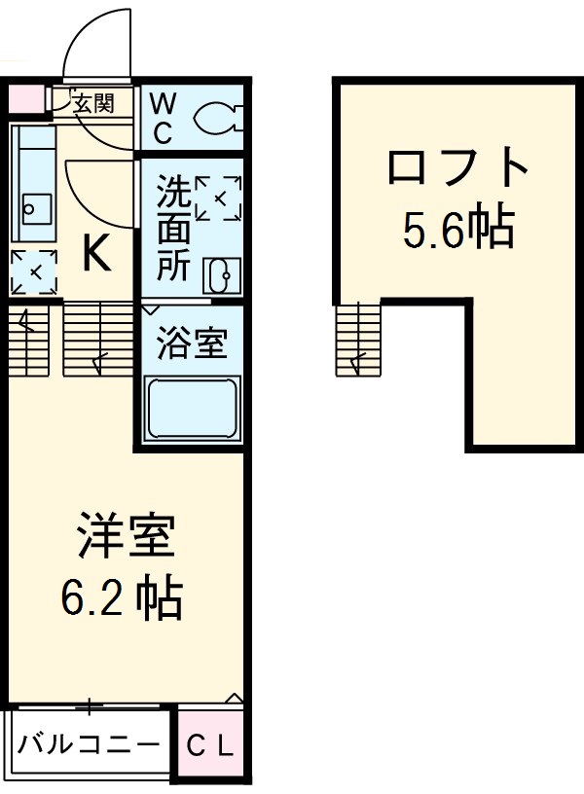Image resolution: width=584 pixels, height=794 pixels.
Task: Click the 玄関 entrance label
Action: pyautogui.click(x=93, y=103)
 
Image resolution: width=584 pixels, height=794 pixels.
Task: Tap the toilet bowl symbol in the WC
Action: pyautogui.click(x=216, y=118)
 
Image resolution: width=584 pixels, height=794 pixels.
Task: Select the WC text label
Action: pyautogui.click(x=163, y=115)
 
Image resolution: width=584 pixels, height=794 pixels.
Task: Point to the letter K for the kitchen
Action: pyautogui.click(x=94, y=256)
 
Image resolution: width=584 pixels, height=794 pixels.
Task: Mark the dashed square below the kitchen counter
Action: pyautogui.click(x=33, y=271)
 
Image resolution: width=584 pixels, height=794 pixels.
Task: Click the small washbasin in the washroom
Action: pyautogui.click(x=218, y=277)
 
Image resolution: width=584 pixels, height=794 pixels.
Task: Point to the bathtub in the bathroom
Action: pyautogui.click(x=192, y=409)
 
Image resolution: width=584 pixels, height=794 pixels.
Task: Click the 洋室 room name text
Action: pyautogui.click(x=126, y=539)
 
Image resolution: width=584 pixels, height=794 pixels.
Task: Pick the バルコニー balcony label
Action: pyautogui.click(x=89, y=746)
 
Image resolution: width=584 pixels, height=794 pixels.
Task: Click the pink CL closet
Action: pyautogui.click(x=210, y=747)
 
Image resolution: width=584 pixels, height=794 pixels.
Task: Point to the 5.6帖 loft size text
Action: pyautogui.click(x=457, y=229)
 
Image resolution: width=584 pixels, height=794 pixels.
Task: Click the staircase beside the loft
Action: pyautogui.click(x=360, y=340)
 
